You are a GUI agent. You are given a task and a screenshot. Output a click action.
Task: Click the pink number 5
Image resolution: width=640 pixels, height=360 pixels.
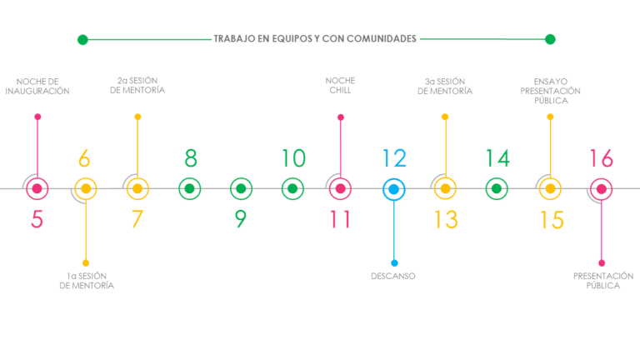[37, 219]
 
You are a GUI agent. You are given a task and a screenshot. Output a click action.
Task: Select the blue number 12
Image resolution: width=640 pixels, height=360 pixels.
[394, 158]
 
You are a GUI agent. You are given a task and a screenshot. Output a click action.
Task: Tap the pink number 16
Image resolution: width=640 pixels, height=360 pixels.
[601, 158]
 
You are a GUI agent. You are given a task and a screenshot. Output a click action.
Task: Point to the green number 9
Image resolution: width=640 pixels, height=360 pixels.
[241, 219]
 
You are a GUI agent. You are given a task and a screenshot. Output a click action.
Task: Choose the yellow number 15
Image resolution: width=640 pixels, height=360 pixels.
[552, 220]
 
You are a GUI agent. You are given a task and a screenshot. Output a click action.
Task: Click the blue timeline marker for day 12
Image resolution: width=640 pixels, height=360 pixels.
[394, 189]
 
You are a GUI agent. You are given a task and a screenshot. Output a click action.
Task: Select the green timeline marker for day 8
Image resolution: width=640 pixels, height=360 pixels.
[189, 188]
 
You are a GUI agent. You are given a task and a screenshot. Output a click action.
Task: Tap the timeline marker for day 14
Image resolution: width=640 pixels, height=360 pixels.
[497, 188]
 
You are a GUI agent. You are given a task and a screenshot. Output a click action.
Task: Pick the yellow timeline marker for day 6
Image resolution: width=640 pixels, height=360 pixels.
[86, 188]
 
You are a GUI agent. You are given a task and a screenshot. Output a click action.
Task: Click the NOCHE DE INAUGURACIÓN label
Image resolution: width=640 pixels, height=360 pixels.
[37, 86]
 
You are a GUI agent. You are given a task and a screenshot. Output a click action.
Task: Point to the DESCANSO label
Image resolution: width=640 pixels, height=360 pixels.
[393, 276]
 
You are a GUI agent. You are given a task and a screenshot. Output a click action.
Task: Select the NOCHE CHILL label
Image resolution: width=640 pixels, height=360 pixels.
[340, 85]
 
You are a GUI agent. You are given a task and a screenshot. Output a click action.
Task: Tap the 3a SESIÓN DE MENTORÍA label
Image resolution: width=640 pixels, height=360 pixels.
[445, 86]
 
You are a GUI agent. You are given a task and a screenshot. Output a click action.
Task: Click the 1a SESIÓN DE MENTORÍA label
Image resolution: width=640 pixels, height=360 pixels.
[87, 280]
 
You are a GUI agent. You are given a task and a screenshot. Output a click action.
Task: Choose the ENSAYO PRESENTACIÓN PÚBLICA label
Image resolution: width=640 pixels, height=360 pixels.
[550, 91]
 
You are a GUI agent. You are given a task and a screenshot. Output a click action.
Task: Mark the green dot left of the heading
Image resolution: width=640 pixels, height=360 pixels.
[82, 40]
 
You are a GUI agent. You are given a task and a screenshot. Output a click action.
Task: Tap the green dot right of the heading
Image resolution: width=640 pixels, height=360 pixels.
[550, 39]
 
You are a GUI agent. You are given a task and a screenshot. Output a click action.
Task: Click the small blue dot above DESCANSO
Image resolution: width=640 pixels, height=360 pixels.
[394, 262]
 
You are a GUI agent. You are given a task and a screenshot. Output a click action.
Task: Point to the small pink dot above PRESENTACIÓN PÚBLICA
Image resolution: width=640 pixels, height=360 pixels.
[602, 262]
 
